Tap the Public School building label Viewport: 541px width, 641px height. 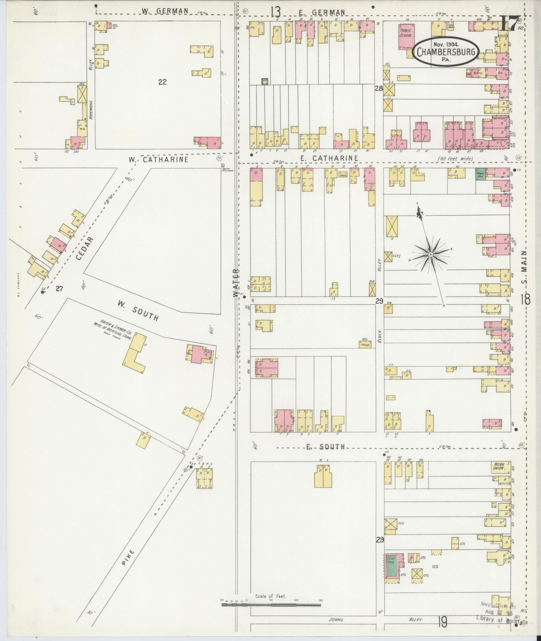coord(405,33)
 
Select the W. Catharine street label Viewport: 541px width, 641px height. coord(158,159)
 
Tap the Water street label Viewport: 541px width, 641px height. coord(236,282)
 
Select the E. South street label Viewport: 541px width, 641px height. coord(326,447)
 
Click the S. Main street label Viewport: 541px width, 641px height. coord(525,267)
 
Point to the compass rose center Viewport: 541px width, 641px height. coord(430,255)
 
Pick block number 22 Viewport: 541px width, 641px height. coord(162,82)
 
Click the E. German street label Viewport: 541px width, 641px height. coord(322,12)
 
